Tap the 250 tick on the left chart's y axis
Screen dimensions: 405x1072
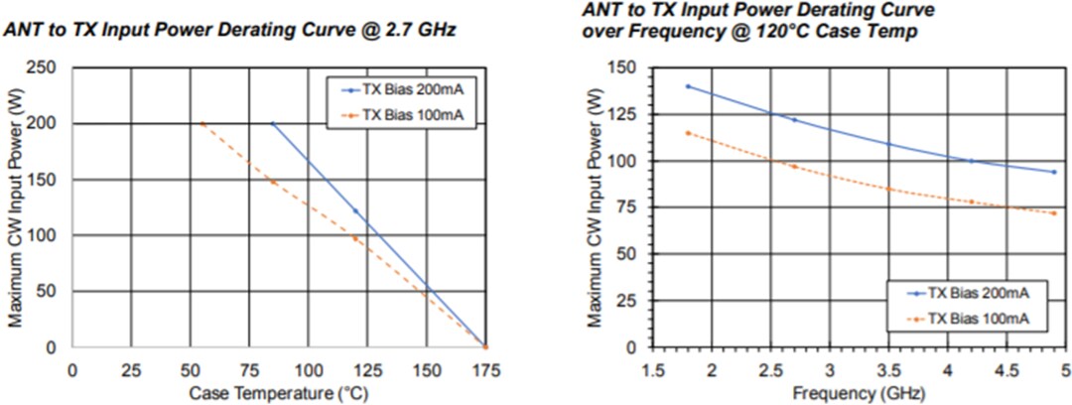tap(46, 67)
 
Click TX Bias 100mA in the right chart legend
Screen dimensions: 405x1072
tap(978, 318)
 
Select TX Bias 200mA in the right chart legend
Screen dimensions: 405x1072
tap(978, 294)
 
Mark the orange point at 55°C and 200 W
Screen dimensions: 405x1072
tap(202, 124)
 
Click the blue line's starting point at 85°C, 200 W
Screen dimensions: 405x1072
tap(273, 124)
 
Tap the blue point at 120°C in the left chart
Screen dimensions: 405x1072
tap(355, 211)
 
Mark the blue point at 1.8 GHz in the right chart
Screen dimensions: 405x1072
tap(688, 86)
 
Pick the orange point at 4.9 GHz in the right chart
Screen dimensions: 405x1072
tap(1053, 213)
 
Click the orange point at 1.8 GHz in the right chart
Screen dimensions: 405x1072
tap(688, 133)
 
